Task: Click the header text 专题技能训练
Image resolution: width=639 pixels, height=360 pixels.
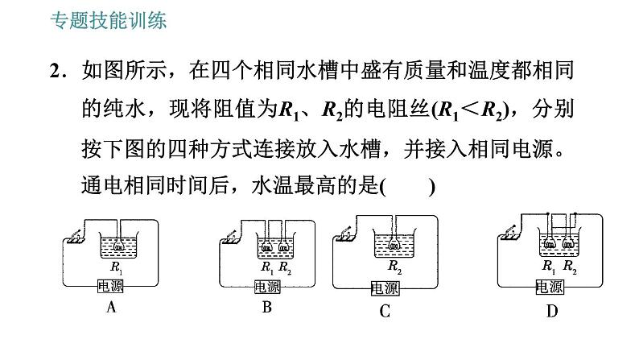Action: click(109, 20)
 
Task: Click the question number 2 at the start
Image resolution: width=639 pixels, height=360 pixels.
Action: click(56, 71)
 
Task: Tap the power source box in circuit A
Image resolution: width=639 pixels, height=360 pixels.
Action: click(110, 286)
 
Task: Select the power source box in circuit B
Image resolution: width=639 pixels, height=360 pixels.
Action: click(267, 287)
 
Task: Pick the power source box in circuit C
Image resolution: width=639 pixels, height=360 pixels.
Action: click(385, 288)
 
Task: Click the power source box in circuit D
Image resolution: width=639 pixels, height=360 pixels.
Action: click(550, 287)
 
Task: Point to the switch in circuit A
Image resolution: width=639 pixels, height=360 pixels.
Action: click(75, 237)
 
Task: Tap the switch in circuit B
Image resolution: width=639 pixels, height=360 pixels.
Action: click(231, 237)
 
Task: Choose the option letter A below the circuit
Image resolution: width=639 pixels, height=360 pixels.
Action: click(111, 307)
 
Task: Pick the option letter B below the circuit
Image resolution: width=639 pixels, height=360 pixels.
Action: click(267, 307)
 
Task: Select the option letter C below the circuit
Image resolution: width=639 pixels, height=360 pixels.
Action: click(385, 312)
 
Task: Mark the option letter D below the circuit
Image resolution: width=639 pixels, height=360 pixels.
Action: click(552, 312)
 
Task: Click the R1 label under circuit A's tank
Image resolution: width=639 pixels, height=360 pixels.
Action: click(116, 267)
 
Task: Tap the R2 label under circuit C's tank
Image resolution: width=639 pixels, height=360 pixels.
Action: click(394, 267)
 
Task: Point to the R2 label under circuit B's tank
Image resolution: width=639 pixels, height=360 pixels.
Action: click(285, 267)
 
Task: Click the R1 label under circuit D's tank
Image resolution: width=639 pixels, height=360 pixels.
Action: click(549, 267)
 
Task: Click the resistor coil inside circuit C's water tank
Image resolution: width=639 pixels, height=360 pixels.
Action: click(394, 245)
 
